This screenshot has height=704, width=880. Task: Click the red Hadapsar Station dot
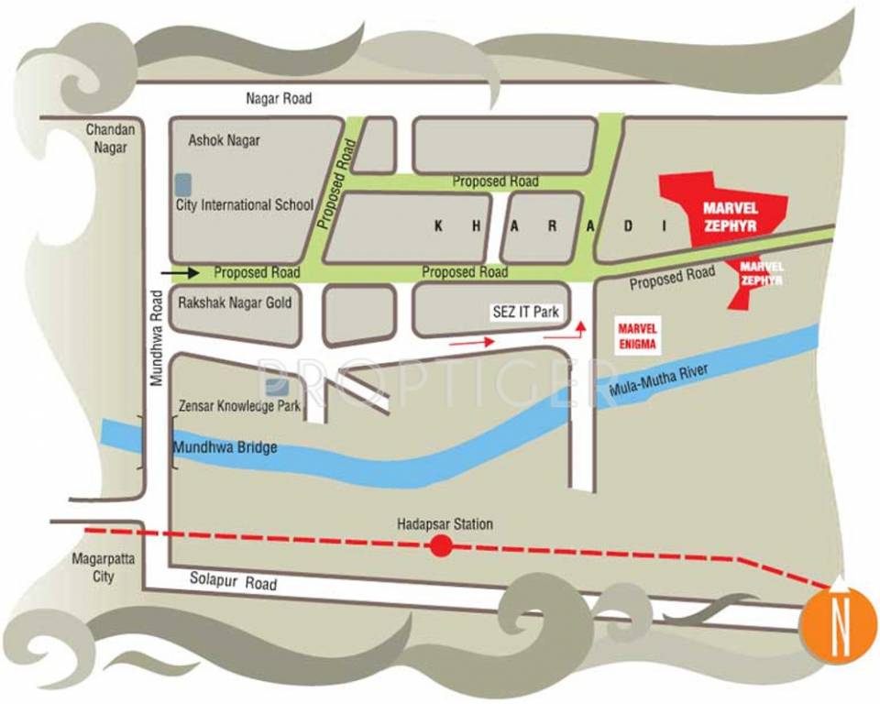coord(442,547)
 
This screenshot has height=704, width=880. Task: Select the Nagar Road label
coord(279,98)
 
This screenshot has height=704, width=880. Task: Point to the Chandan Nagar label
coord(111,138)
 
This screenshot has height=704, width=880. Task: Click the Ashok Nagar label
coord(224,140)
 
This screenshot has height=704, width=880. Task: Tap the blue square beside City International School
coord(184,183)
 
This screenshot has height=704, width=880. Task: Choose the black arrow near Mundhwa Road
coord(180,272)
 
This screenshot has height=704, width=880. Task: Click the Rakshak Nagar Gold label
coord(234,302)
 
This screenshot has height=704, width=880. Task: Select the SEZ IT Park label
coord(525,313)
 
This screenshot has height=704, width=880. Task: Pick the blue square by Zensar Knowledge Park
coord(271,388)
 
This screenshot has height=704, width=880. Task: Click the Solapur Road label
coord(232,580)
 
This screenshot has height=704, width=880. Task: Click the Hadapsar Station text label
coord(445,524)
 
